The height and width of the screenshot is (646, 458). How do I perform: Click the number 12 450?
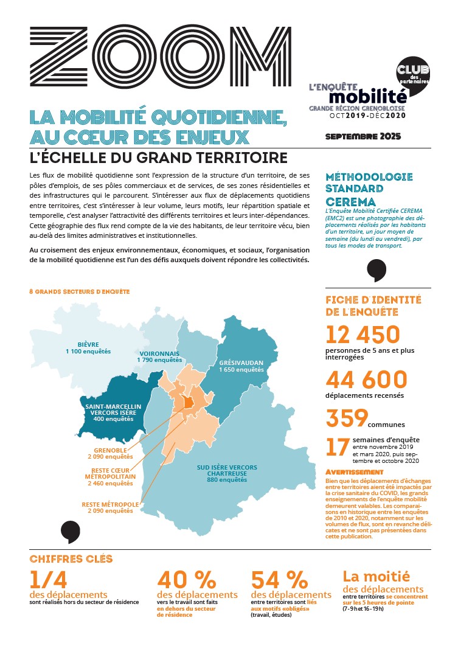click(x=363, y=335)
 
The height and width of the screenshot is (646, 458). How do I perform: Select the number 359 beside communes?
click(x=347, y=419)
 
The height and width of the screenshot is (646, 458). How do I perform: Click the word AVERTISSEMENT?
click(x=355, y=472)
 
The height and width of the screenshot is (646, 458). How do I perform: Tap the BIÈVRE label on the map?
click(x=88, y=344)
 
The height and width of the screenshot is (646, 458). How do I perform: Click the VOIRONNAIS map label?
click(x=160, y=353)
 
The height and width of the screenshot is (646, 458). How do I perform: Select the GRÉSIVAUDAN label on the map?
click(x=241, y=363)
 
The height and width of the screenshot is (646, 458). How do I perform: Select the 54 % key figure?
click(x=279, y=579)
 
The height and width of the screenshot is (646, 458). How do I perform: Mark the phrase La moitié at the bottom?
click(x=376, y=575)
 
